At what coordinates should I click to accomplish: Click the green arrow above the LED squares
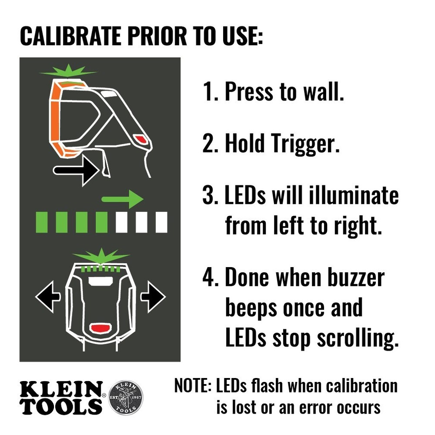click(122, 200)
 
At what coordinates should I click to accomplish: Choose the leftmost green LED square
click(41, 222)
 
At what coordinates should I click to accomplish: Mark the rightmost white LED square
click(161, 222)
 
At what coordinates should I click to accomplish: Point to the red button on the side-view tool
click(141, 139)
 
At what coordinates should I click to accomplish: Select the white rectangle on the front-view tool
click(100, 282)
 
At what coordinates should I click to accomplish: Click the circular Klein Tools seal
click(125, 397)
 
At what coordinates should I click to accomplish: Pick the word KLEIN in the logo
click(60, 388)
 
